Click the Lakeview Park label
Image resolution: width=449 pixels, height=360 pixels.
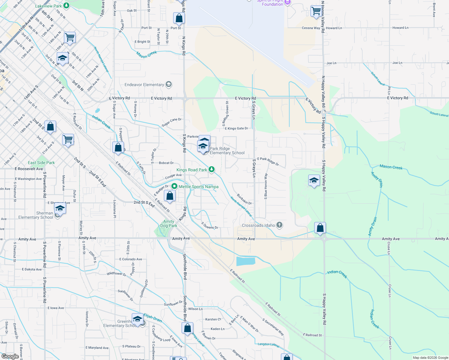coord(48,6)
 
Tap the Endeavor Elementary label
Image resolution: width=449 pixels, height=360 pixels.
coord(144,85)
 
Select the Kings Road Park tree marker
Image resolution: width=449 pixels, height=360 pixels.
coord(212,169)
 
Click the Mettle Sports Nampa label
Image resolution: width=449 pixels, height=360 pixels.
coord(198,187)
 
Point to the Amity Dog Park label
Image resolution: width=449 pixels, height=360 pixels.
coord(169,223)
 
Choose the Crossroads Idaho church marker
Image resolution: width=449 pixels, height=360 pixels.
coord(279,225)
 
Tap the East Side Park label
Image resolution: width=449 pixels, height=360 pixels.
coord(41,163)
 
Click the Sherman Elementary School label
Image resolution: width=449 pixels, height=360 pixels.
coord(36,215)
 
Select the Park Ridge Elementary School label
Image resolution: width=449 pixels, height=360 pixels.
coord(227,151)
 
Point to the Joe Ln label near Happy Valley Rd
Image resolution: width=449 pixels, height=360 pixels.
coord(331,63)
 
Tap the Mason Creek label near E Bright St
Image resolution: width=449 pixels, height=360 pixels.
coord(147,55)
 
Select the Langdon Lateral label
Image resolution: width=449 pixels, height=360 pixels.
coord(268,344)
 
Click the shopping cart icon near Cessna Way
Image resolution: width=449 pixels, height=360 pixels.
coord(316,11)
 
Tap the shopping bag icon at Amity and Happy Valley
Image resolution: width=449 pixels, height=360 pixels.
coord(320,228)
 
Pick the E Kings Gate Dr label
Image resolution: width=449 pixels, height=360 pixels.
coord(237,128)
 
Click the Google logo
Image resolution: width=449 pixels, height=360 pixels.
coord(10,356)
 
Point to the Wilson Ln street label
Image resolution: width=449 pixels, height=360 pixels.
coord(195,309)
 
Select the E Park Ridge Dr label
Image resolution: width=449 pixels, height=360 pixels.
coord(268,161)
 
